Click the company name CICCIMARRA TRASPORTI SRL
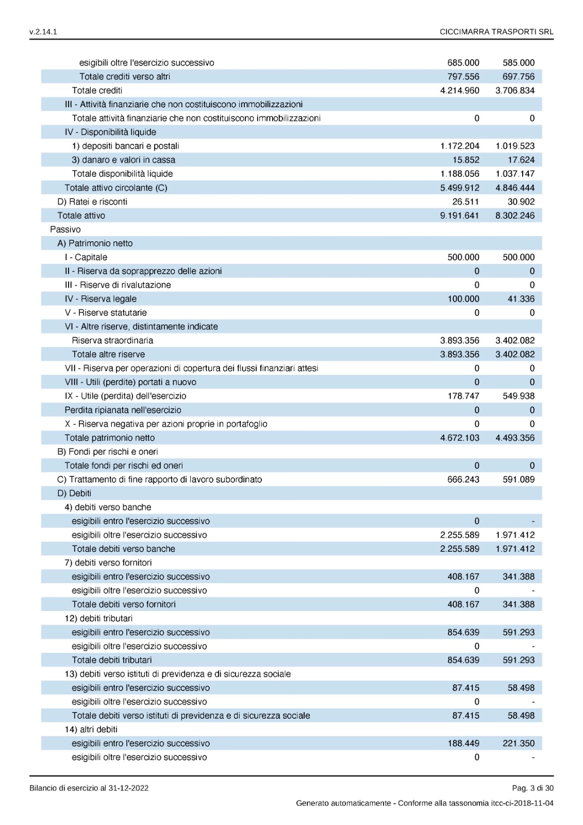pyautogui.click(x=496, y=32)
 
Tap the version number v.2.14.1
pyautogui.click(x=43, y=32)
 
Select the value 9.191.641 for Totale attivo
pyautogui.click(x=459, y=216)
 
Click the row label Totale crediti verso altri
pyautogui.click(x=124, y=76)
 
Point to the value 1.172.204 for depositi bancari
pyautogui.click(x=459, y=146)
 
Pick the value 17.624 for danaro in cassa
pyautogui.click(x=521, y=160)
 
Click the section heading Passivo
pyautogui.click(x=65, y=229)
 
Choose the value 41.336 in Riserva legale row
pyautogui.click(x=521, y=299)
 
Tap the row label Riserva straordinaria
pyautogui.click(x=112, y=340)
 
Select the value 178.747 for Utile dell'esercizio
pyautogui.click(x=463, y=396)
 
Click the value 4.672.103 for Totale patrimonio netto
pyautogui.click(x=459, y=438)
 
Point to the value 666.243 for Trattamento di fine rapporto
pyautogui.click(x=463, y=480)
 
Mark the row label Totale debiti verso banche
pyautogui.click(x=123, y=549)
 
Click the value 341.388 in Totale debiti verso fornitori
pyautogui.click(x=518, y=604)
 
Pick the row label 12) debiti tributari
pyautogui.click(x=98, y=618)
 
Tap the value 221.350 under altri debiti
pyautogui.click(x=518, y=744)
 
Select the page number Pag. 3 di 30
pyautogui.click(x=532, y=788)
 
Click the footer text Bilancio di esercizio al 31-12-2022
pyautogui.click(x=89, y=788)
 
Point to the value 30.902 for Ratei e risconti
pyautogui.click(x=521, y=202)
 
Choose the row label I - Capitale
pyautogui.click(x=86, y=257)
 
